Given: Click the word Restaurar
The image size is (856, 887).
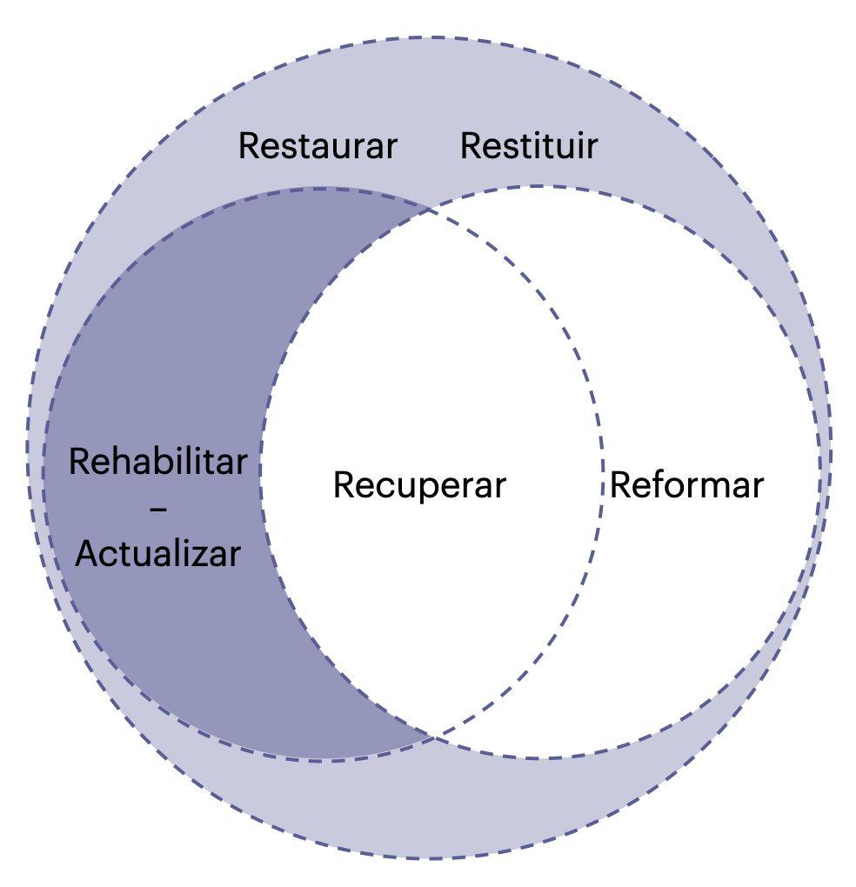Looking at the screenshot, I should click(x=318, y=146).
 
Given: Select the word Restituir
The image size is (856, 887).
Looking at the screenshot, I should click(x=528, y=146).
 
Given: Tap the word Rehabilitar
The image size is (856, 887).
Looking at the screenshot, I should click(x=157, y=462).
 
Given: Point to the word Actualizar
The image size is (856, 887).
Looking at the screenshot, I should click(x=157, y=554).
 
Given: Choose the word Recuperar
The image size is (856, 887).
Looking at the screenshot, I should click(x=418, y=485).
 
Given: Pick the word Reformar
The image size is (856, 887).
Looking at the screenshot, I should click(x=686, y=485).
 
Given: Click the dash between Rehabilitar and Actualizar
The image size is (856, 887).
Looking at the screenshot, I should click(x=158, y=508).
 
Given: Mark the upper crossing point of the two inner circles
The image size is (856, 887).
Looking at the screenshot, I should click(x=431, y=209).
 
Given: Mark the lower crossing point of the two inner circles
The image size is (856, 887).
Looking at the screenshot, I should click(x=433, y=738).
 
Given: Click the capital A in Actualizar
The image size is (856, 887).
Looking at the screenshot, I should click(x=85, y=554).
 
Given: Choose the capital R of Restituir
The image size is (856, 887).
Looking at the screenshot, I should click(x=471, y=146).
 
